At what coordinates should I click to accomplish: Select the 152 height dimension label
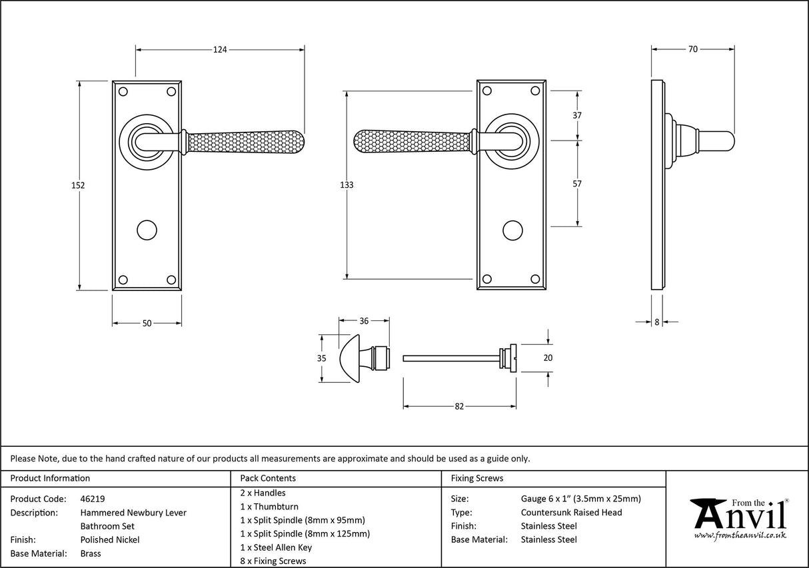pos(79,186)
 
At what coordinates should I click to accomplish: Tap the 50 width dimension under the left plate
pos(147,324)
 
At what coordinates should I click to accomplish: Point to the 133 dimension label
pos(347,185)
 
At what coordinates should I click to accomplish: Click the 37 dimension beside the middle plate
pos(577,115)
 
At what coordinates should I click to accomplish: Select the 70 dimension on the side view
pos(693,49)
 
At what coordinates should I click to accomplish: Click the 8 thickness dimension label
pos(657,322)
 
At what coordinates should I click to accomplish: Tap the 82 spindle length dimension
pos(459,406)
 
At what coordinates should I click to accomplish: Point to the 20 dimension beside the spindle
pos(548,358)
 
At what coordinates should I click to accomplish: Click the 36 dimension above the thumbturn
pos(364,321)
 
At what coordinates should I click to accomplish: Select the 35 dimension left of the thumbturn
pos(321,358)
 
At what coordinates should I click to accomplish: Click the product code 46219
pos(93,499)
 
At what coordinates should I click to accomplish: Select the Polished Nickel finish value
pos(110,540)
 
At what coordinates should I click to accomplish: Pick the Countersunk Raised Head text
pos(571,512)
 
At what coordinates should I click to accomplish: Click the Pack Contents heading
pos(268,478)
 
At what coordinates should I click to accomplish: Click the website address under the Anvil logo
pos(740,535)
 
